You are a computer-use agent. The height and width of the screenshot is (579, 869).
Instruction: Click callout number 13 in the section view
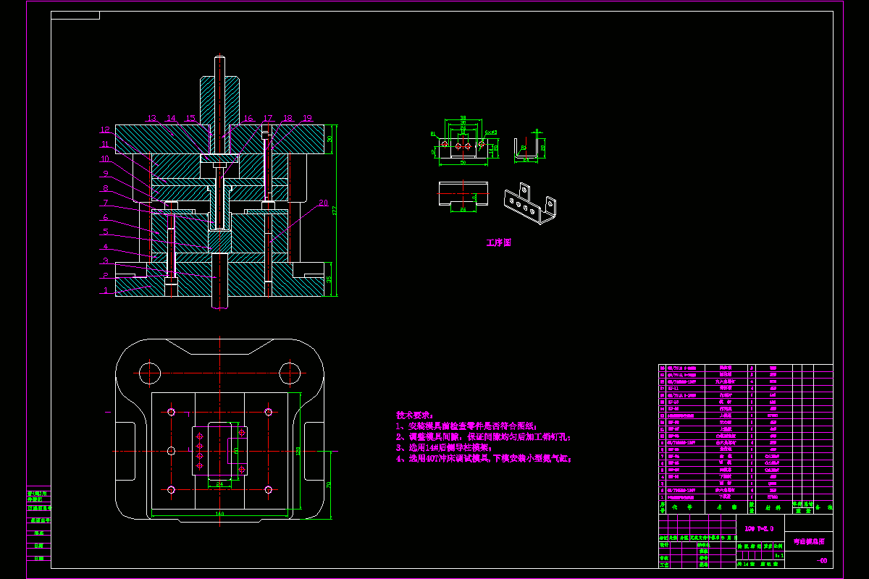(151, 118)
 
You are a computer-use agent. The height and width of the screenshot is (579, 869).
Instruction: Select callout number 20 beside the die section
(323, 203)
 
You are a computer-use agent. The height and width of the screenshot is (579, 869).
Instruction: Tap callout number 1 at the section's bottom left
(105, 290)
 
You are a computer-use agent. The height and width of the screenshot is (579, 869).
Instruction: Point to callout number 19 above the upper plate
(307, 118)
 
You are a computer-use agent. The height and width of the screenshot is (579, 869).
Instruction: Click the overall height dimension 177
(335, 211)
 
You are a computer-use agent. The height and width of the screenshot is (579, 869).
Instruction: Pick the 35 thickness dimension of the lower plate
(330, 279)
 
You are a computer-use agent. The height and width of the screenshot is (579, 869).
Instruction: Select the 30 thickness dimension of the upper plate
(330, 138)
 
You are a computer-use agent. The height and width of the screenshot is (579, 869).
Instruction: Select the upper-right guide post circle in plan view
(290, 373)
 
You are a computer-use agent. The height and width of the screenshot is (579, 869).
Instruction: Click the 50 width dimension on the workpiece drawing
(462, 164)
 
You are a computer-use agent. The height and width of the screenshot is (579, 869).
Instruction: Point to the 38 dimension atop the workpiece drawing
(463, 117)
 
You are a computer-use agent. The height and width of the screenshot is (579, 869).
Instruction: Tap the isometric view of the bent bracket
(531, 203)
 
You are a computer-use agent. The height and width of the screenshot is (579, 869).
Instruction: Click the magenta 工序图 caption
(498, 243)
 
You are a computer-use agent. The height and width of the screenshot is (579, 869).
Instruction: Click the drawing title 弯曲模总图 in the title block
(808, 541)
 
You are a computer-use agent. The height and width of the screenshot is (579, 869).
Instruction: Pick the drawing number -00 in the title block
(821, 561)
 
